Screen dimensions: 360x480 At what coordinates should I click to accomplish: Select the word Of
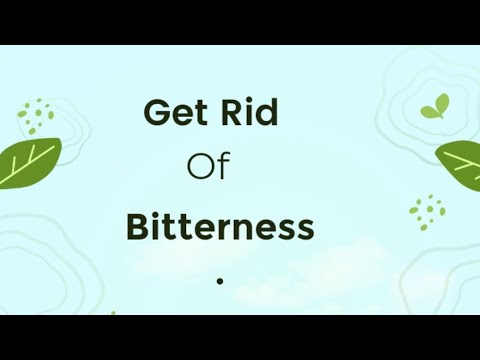click(x=209, y=167)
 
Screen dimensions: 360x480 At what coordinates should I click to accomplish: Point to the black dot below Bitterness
click(x=219, y=281)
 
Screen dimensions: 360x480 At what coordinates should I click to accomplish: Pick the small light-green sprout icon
click(x=433, y=108)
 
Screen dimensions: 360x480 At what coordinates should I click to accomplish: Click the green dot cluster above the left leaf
click(x=37, y=115)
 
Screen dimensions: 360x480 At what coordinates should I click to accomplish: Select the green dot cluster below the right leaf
click(x=428, y=209)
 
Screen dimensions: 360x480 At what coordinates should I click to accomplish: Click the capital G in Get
click(x=156, y=112)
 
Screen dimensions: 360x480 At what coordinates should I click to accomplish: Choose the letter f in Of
click(x=224, y=166)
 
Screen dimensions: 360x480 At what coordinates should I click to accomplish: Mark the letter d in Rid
click(x=266, y=112)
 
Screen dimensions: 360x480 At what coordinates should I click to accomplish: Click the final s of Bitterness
click(x=306, y=229)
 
